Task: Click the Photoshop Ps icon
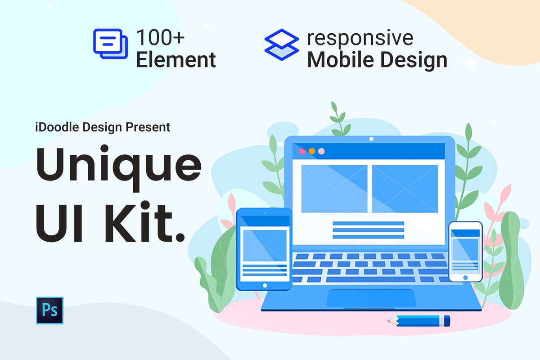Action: click(50, 310)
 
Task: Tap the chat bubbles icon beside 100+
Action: click(108, 43)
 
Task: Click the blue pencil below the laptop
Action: click(418, 321)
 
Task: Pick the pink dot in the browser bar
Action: click(302, 151)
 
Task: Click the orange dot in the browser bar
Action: click(312, 151)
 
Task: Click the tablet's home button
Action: click(265, 285)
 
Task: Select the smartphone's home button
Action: click(465, 277)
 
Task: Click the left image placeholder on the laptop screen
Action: click(334, 189)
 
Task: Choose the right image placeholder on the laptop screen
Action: click(405, 189)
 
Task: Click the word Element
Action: click(176, 60)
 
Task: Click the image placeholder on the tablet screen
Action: click(265, 245)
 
